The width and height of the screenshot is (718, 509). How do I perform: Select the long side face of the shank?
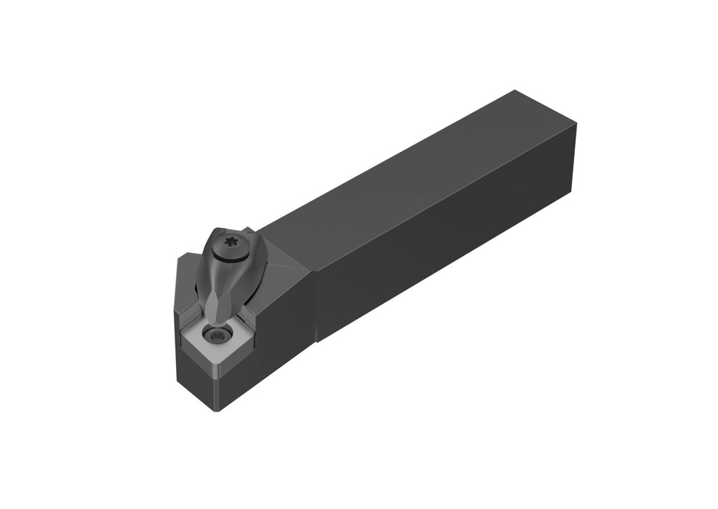(x=449, y=252)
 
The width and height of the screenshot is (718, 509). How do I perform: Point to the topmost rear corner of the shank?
(x=515, y=90)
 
